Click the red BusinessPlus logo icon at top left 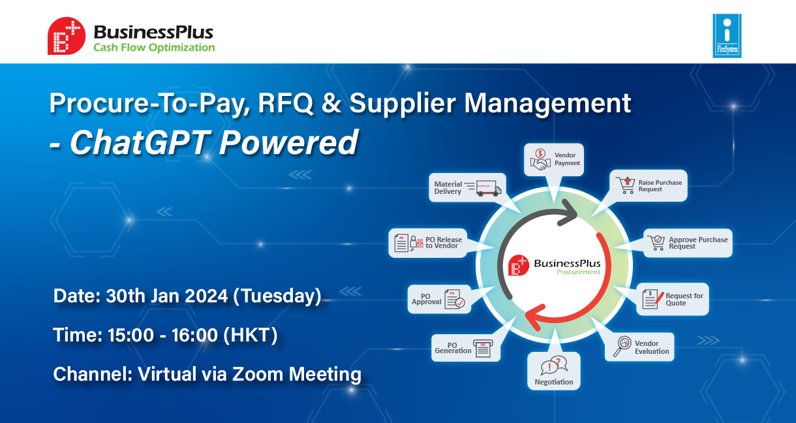click(x=67, y=36)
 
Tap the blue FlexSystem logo click(x=727, y=35)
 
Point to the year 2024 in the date click(x=206, y=296)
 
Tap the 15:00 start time click(x=130, y=335)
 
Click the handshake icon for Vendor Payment click(x=540, y=159)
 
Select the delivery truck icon click(x=488, y=188)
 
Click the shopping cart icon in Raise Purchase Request click(x=626, y=185)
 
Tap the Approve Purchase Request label click(x=698, y=243)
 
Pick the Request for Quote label click(x=684, y=300)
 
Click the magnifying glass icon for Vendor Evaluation click(x=622, y=346)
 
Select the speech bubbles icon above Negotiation click(x=554, y=366)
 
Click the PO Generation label click(x=453, y=348)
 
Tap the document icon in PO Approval click(x=455, y=299)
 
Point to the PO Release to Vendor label click(x=444, y=243)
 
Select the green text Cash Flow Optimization click(x=154, y=48)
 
